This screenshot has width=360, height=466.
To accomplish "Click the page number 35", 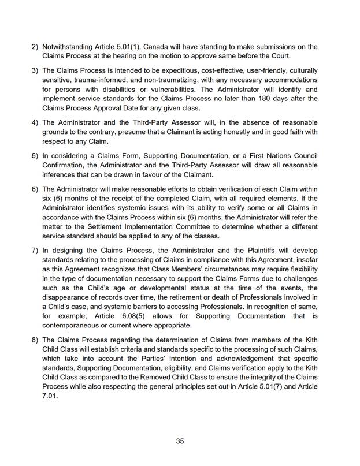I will click(x=180, y=441).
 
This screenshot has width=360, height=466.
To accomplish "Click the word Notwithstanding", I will click(x=72, y=46).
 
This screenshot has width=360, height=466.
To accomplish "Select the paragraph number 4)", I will click(x=35, y=122).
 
